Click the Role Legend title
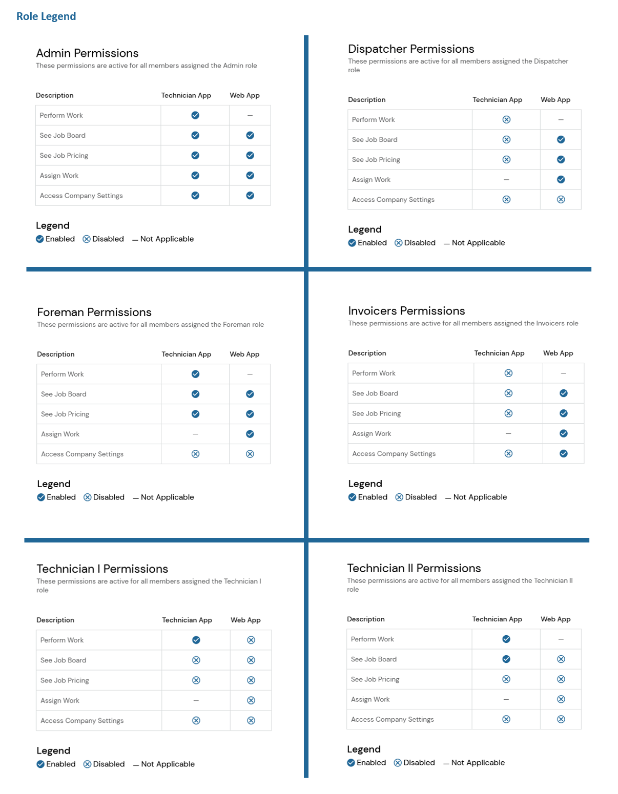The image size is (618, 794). click(x=46, y=16)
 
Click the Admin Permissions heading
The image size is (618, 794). click(x=87, y=53)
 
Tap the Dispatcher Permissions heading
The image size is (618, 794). click(x=411, y=49)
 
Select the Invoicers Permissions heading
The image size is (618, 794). click(x=406, y=311)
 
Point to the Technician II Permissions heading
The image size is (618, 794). click(x=414, y=568)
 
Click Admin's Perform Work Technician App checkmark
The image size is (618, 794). click(x=195, y=115)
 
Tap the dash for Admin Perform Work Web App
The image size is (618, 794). click(x=250, y=115)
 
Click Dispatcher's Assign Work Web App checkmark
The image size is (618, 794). click(x=561, y=179)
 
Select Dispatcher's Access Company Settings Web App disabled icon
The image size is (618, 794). click(x=561, y=199)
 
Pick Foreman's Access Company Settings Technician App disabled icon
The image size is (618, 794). click(x=195, y=454)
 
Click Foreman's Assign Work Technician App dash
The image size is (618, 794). click(x=195, y=434)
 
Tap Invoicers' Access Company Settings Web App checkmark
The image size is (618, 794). click(x=564, y=453)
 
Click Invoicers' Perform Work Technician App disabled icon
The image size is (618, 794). click(x=508, y=373)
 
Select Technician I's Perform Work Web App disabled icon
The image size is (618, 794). click(x=251, y=640)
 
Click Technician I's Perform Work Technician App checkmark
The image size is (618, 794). click(x=196, y=640)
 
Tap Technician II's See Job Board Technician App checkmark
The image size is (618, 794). click(x=506, y=659)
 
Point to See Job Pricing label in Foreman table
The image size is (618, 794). click(x=65, y=414)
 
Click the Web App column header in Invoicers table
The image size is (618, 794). click(x=558, y=353)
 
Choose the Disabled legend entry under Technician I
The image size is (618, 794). click(x=104, y=764)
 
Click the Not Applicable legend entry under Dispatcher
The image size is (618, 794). click(x=474, y=243)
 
